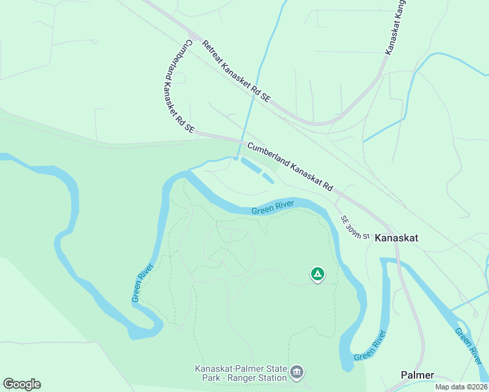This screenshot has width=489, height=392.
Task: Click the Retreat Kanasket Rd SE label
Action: point(236,71)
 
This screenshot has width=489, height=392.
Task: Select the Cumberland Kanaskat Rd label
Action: point(290,167)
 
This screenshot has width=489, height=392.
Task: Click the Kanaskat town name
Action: point(396,238)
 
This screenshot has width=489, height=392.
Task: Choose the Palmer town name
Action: point(417,375)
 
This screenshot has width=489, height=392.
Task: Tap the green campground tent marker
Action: point(317,274)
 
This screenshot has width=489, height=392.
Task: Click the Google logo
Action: point(22,384)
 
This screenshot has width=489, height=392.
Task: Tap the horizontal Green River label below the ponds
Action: point(273,208)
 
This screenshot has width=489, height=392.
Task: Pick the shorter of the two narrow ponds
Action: point(268,178)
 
